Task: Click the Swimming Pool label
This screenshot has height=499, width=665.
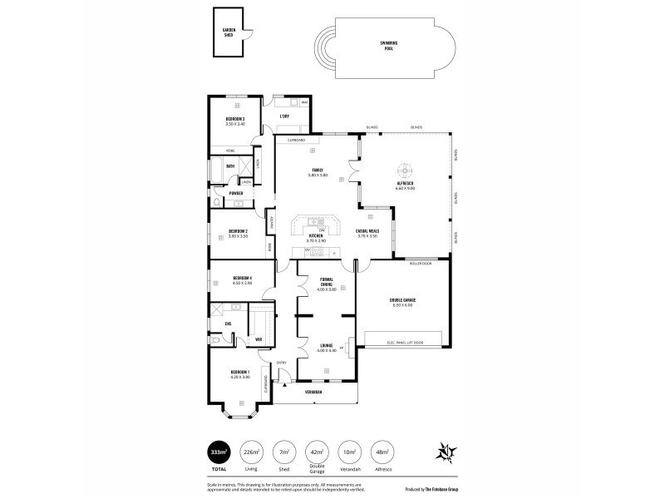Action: tap(388, 47)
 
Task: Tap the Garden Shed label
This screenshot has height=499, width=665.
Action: tap(229, 32)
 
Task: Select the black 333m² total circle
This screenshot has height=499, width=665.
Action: tap(219, 452)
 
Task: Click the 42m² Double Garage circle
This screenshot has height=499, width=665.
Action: tap(316, 452)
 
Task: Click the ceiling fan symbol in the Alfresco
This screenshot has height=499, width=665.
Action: tap(406, 166)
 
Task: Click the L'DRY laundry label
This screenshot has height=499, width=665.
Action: tap(284, 116)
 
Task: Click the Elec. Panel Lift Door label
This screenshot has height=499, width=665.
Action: tap(406, 343)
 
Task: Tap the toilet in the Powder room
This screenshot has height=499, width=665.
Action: tap(215, 201)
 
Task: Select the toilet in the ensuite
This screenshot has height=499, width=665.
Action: tap(215, 340)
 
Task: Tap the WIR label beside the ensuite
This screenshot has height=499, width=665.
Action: tap(259, 339)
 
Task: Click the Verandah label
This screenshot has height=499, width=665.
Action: tap(313, 392)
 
